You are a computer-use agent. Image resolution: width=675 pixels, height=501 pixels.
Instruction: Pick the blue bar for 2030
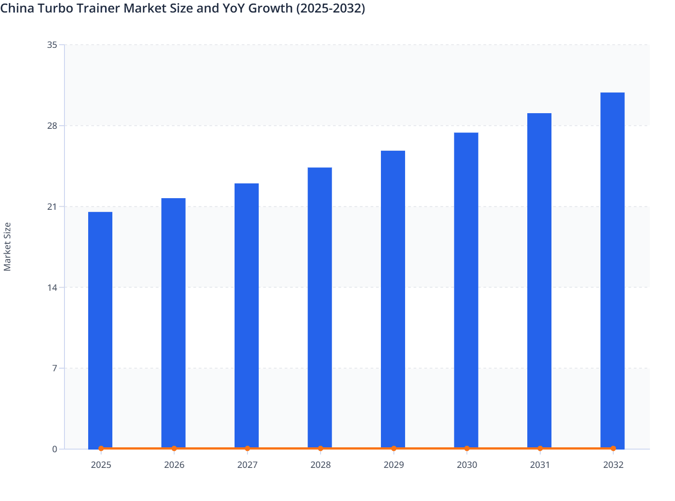point(466,290)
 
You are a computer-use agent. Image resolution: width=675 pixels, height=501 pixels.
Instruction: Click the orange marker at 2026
point(174,448)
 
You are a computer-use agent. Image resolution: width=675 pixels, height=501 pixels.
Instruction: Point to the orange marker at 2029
point(393,448)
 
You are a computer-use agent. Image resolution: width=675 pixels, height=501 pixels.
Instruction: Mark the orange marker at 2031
point(540,448)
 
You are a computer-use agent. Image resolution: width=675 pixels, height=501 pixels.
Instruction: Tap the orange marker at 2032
point(613,448)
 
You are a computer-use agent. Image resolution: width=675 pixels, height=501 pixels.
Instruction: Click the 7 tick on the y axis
point(54,368)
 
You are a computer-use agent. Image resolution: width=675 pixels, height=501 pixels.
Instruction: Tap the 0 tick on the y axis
point(54,449)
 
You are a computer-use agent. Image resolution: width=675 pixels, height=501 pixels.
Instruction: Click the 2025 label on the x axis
point(101,465)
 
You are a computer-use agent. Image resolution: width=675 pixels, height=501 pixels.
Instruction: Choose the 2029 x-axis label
point(393,465)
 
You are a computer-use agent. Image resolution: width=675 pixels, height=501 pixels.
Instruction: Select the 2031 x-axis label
point(540,465)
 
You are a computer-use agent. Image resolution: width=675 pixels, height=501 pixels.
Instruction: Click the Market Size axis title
point(8,246)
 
